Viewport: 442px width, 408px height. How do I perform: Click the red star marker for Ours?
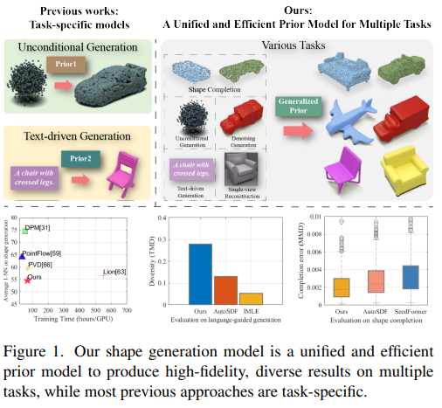coord(27,280)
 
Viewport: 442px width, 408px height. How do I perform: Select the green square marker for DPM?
coord(26,232)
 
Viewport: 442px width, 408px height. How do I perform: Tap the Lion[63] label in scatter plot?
coord(115,273)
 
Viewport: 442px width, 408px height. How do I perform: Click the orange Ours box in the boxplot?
coord(341,287)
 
